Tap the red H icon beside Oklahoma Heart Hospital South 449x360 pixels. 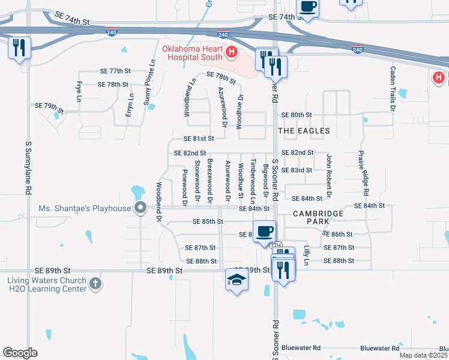[x=231, y=53]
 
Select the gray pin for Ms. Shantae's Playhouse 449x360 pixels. [x=141, y=208]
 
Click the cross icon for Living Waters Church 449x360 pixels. [x=95, y=283]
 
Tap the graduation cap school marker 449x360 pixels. [x=237, y=280]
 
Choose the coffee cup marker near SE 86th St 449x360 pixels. [x=264, y=231]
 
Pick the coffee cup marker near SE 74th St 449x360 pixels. [x=308, y=7]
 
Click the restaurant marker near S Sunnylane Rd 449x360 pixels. [x=19, y=47]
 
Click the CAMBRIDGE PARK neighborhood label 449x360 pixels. [x=318, y=218]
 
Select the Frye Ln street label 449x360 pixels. [x=79, y=91]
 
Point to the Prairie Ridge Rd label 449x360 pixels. [x=362, y=173]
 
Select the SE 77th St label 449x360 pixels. [x=114, y=71]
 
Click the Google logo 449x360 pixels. [x=20, y=353]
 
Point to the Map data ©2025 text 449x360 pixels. [x=424, y=355]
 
